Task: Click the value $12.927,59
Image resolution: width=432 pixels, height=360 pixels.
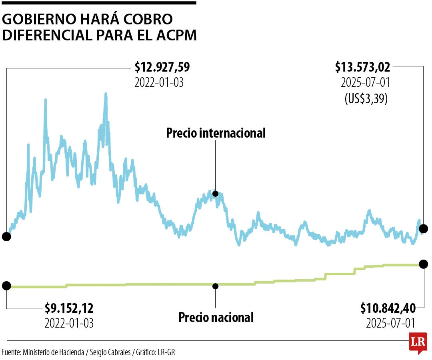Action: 162,67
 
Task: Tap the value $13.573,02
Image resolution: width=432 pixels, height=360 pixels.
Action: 362,67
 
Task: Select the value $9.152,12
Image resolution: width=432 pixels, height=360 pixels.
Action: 69,308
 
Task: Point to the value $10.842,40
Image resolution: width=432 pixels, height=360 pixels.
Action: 387,308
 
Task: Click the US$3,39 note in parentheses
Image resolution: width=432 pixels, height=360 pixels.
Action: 366,98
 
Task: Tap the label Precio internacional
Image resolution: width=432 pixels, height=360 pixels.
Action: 216,133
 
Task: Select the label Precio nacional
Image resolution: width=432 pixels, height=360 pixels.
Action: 216,318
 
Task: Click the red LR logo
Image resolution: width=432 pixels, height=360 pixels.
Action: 418,342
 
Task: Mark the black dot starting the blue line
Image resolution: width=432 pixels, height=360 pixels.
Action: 6,236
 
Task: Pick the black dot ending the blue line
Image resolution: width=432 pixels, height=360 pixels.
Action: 424,229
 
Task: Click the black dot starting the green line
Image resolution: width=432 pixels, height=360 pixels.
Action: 6,286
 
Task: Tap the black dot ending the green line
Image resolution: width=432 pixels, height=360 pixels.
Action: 424,264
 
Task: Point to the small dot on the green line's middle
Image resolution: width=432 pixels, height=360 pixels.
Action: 216,286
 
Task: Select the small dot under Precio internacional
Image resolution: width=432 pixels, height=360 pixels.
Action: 215,194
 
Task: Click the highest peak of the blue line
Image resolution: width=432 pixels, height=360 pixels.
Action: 106,94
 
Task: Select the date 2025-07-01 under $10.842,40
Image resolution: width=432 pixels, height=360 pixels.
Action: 390,323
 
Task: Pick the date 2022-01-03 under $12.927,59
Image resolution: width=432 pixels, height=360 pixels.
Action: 159,83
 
